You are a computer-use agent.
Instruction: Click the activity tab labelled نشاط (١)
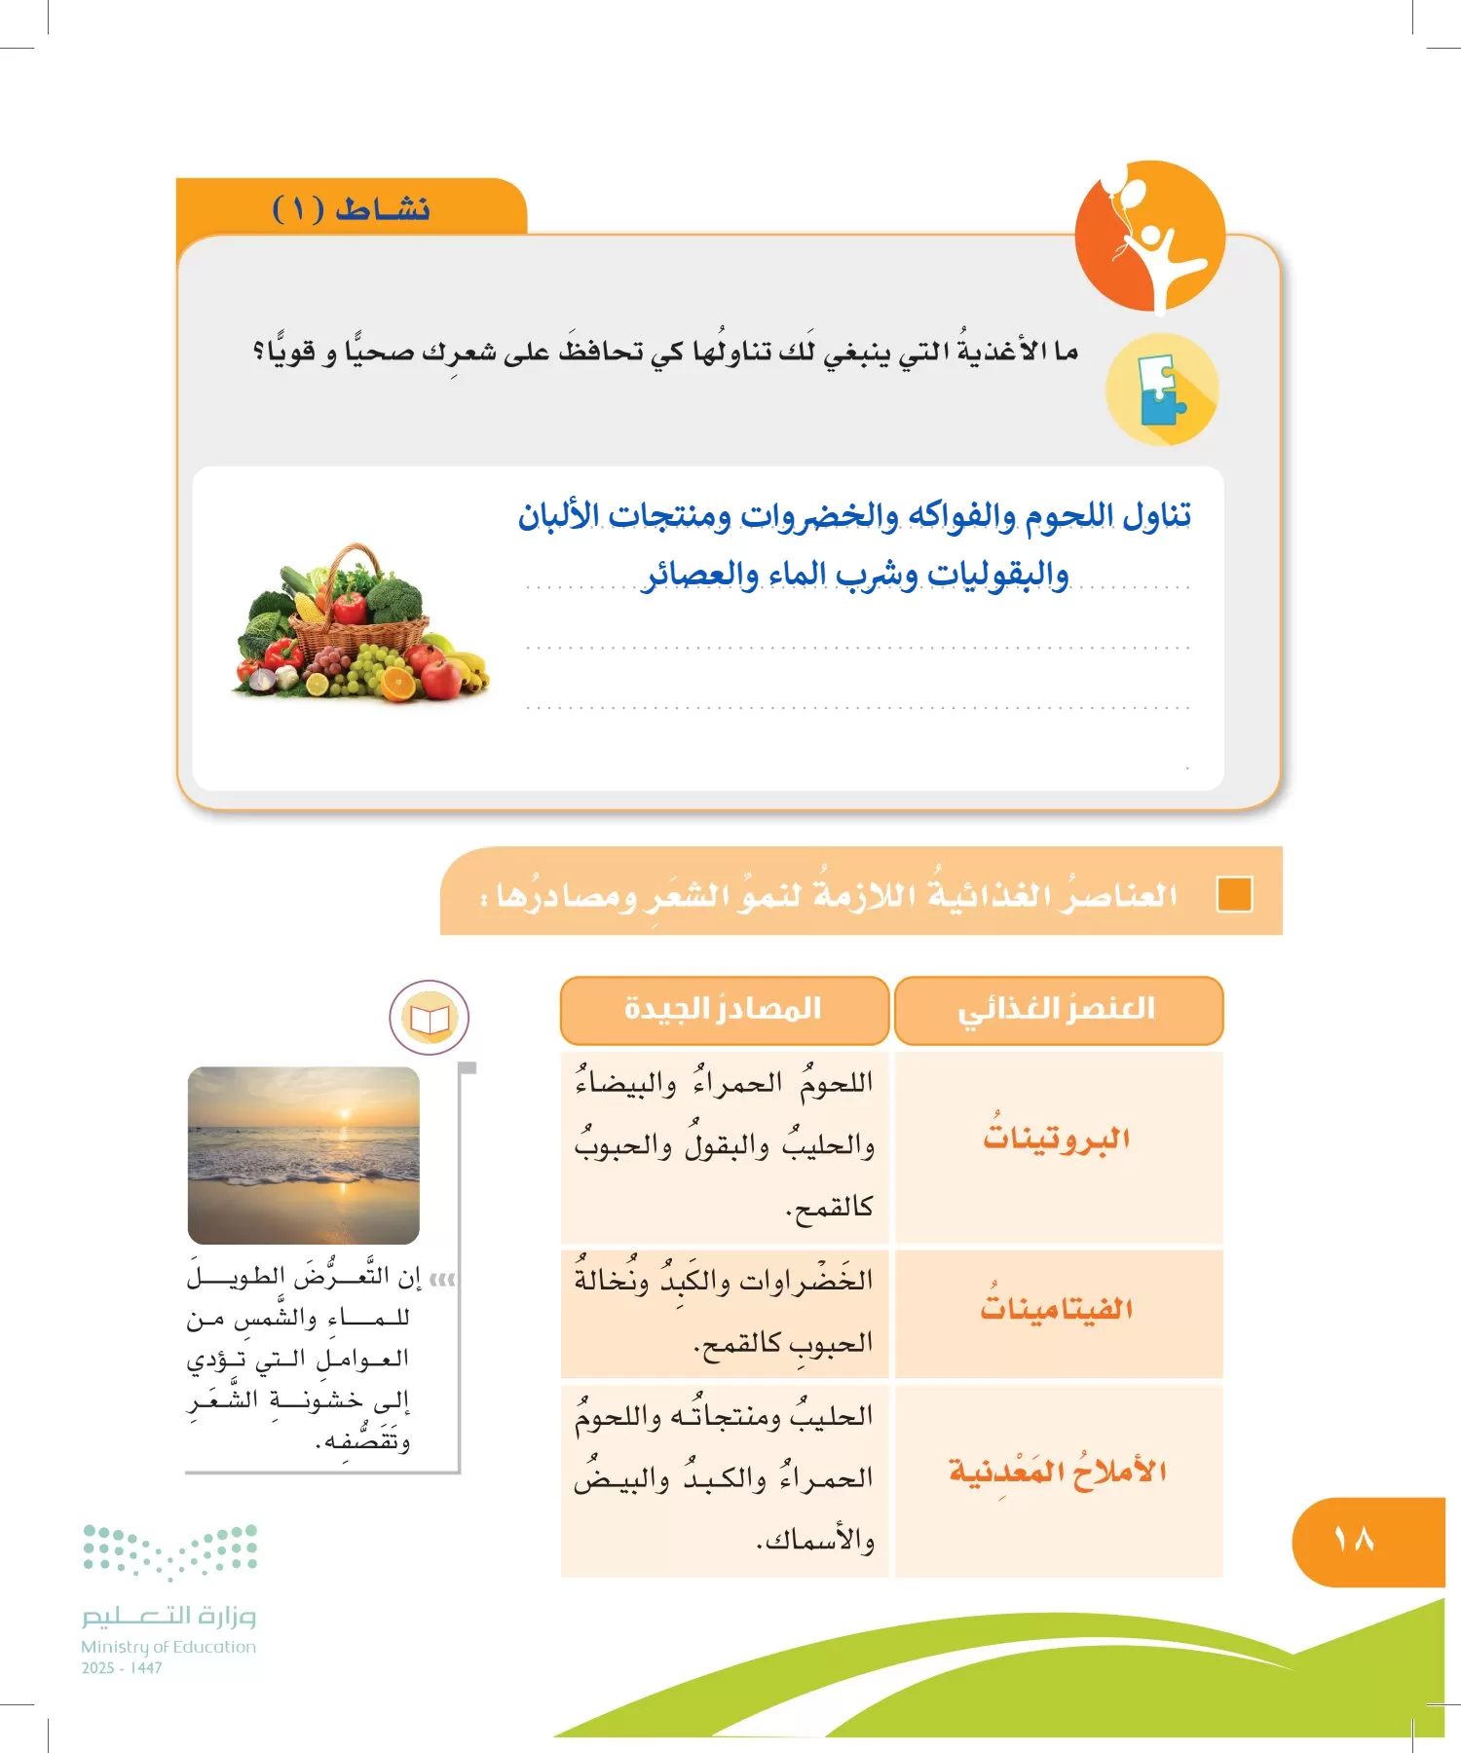point(352,208)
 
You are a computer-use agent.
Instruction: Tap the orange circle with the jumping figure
point(1149,237)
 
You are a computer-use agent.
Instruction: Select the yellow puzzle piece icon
point(1161,390)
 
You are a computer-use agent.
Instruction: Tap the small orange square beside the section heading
point(1234,894)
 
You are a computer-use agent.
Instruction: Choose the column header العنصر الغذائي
point(1058,1009)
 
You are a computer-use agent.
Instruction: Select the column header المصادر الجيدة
point(724,1009)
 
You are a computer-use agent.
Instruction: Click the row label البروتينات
point(1057,1138)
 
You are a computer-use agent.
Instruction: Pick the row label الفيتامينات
point(1057,1308)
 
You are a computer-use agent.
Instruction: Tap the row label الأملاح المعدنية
point(1058,1471)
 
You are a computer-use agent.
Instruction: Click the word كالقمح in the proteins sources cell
point(830,1208)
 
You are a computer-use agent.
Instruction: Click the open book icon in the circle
point(430,1018)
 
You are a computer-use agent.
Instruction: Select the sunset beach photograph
point(303,1155)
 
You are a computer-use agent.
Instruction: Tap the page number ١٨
point(1354,1540)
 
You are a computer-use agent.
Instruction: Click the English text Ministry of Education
point(169,1647)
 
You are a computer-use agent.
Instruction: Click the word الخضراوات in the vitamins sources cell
point(805,1281)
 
